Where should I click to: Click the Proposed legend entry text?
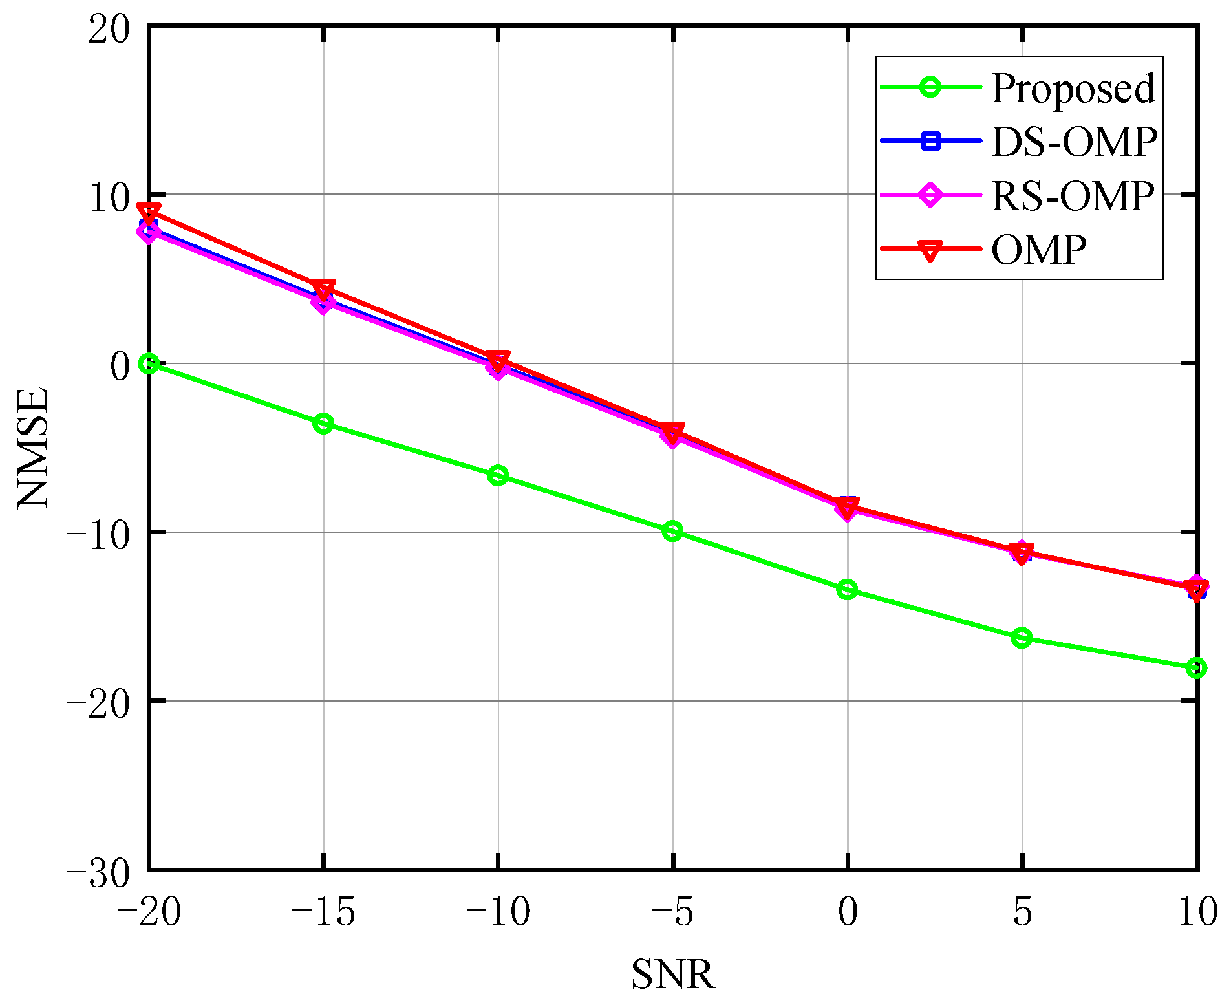1073,89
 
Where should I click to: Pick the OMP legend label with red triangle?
1038,250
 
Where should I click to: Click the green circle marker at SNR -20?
149,363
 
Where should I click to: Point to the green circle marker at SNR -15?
323,424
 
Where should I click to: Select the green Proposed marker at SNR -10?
498,475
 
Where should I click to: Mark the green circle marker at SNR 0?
847,589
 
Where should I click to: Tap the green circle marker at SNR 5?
1022,638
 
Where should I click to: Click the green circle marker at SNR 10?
1196,667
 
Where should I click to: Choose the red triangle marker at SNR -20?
149,212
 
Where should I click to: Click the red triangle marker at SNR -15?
323,288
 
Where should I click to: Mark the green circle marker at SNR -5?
672,532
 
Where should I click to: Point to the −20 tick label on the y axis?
98,701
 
